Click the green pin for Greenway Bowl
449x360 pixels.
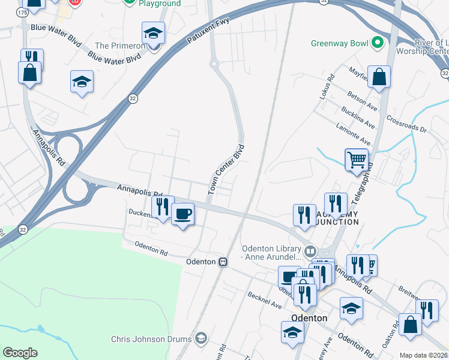tap(377, 43)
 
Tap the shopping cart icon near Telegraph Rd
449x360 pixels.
tap(356, 160)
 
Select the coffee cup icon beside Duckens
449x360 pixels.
tap(182, 214)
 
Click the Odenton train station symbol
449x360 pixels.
tap(223, 262)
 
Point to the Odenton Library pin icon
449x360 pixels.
tap(310, 250)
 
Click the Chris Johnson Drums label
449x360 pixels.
tap(152, 339)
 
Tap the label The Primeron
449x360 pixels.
tap(121, 46)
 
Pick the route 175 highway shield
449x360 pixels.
tap(23, 12)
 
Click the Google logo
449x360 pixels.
tap(20, 353)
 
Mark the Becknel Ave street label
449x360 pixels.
tap(265, 301)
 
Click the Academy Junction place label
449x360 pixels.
tap(334, 218)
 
